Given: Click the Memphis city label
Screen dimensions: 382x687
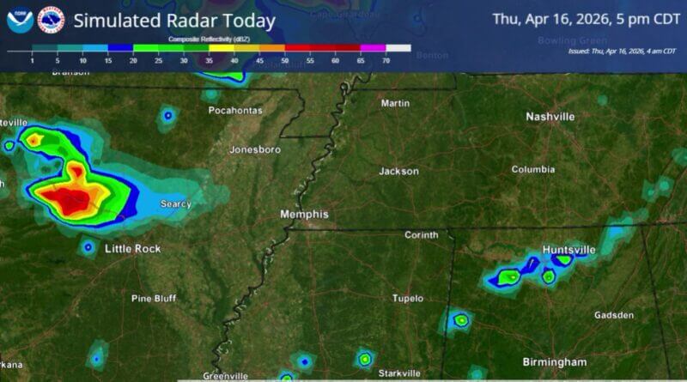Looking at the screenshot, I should [x=304, y=214].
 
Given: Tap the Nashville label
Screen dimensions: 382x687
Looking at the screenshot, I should [x=550, y=117].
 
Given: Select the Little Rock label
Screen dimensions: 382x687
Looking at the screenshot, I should [x=132, y=249].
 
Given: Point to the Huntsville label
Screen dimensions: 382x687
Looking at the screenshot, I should [x=568, y=250].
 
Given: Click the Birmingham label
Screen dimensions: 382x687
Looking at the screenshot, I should [x=555, y=361].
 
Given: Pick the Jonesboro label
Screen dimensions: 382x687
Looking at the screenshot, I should [x=255, y=150].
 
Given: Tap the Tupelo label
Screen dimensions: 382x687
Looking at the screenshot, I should [x=408, y=299].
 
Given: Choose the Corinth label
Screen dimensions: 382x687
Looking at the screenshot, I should [x=422, y=235].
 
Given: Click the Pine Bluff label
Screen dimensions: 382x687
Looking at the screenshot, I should [x=153, y=299].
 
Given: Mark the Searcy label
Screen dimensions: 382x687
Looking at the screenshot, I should [x=176, y=204].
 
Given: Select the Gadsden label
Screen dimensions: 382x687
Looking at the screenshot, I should [x=614, y=315].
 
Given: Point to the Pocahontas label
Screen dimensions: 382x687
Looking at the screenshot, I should [x=234, y=111].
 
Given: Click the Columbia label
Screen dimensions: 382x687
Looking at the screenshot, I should [x=532, y=170].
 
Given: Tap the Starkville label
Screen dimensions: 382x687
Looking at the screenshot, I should [x=400, y=373].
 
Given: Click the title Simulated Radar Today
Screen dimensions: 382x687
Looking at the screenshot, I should [x=174, y=21].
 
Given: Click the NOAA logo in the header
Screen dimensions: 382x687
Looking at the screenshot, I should [x=20, y=20].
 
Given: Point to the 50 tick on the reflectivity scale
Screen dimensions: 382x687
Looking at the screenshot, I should [x=285, y=60].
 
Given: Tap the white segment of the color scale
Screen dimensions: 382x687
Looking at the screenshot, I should [x=398, y=48].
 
